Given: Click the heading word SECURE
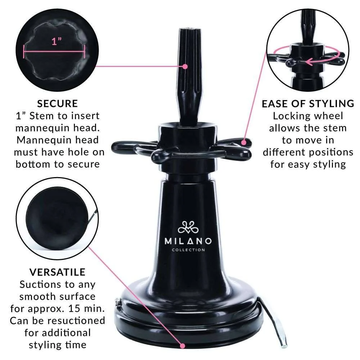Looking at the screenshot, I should (x=58, y=104).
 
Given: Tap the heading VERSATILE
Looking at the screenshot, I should (x=58, y=272).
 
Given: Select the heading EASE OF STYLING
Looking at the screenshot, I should (x=308, y=104).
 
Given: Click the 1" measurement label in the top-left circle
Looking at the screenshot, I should (x=55, y=42).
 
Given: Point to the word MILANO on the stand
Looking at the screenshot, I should (x=188, y=241).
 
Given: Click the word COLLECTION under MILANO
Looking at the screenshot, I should (x=188, y=250).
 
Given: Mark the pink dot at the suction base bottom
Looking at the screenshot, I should (x=183, y=346).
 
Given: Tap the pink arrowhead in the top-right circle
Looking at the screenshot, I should (x=307, y=62).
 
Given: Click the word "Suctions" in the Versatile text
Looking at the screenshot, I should (x=40, y=284).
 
